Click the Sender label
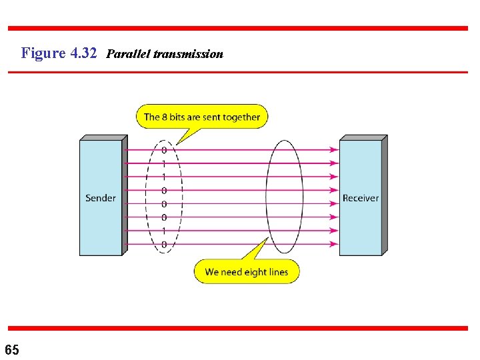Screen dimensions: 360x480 point(101,198)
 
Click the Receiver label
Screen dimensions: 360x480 point(361,198)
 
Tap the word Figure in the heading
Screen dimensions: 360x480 point(43,53)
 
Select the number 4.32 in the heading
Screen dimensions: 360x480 point(83,53)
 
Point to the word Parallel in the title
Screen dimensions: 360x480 point(128,53)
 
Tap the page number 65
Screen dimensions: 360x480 point(12,350)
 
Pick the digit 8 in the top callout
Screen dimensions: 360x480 point(164,117)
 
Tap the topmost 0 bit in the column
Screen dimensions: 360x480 point(164,150)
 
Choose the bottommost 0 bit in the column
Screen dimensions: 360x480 point(164,245)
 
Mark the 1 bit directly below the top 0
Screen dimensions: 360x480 point(164,163)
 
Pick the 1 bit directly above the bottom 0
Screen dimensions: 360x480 point(164,231)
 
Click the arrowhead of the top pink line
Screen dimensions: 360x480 point(335,150)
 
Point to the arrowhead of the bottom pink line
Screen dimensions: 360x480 point(335,245)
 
